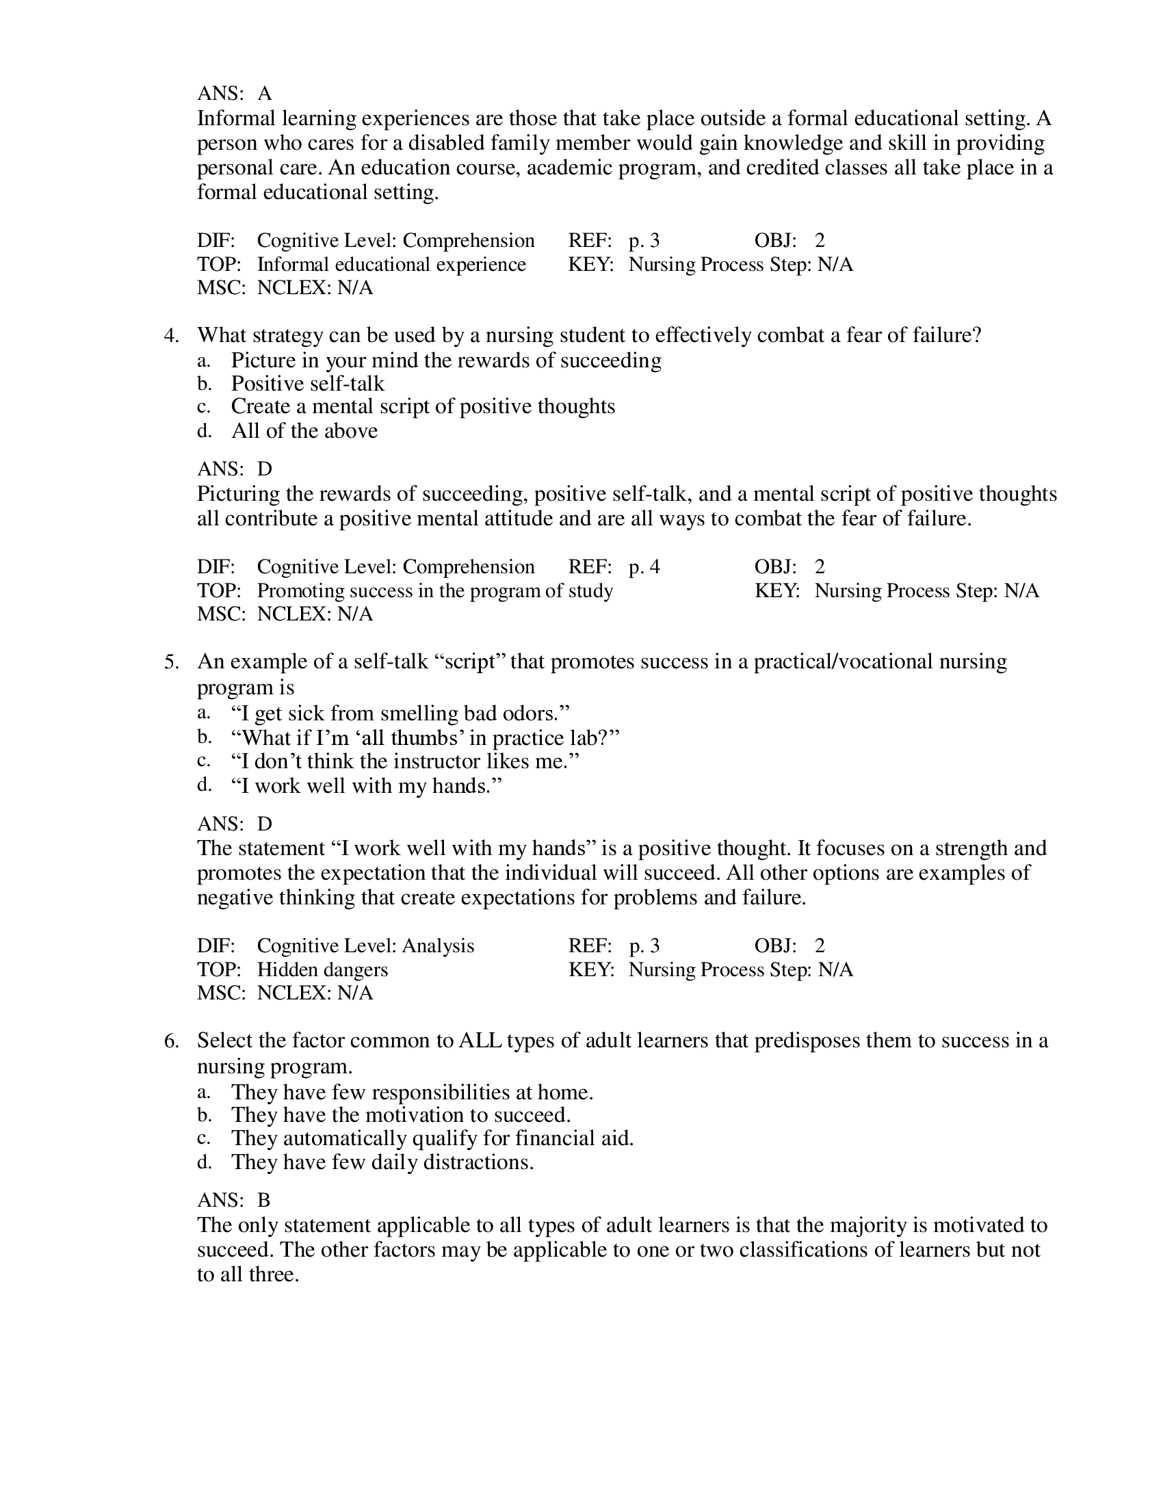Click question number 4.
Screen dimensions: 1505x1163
click(x=171, y=336)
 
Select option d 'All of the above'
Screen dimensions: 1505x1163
click(x=304, y=431)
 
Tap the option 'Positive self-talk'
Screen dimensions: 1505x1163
click(x=307, y=383)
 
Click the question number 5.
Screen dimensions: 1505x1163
click(x=171, y=662)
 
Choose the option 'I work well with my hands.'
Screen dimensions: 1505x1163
click(x=366, y=785)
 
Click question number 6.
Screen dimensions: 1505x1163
click(x=171, y=1041)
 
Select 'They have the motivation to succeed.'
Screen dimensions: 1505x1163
click(x=400, y=1114)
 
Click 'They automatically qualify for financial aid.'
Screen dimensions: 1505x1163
click(x=432, y=1138)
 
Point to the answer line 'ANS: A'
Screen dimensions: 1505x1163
click(x=234, y=93)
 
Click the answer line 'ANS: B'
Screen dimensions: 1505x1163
click(x=233, y=1200)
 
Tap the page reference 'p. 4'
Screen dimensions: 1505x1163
click(x=644, y=566)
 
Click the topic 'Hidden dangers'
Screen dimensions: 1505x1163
click(x=322, y=969)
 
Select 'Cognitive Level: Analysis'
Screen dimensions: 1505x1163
click(x=365, y=945)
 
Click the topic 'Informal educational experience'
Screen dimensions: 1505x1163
click(x=391, y=265)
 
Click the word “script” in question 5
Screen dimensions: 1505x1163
click(x=471, y=662)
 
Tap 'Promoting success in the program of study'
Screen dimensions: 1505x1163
click(x=434, y=590)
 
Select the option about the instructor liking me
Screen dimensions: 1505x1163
click(x=404, y=761)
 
